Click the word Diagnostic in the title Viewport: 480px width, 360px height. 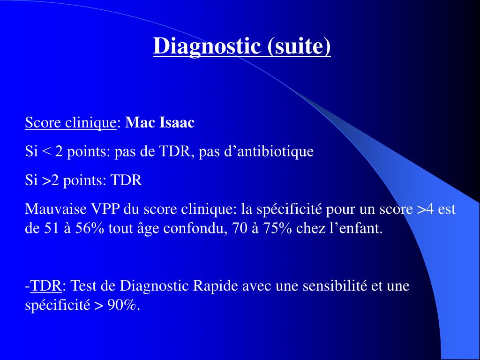coord(207,46)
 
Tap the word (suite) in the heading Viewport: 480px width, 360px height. coord(299,46)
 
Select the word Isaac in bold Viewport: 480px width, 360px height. coord(177,123)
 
